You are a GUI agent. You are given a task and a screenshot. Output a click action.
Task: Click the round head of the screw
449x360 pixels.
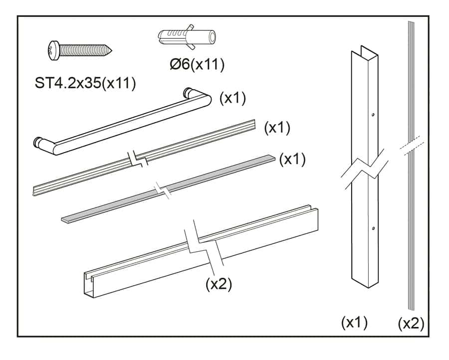pyautogui.click(x=53, y=51)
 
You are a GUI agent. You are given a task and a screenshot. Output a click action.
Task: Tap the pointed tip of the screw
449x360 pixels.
pyautogui.click(x=111, y=51)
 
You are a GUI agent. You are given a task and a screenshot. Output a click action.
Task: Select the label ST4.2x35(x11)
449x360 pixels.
pyautogui.click(x=85, y=83)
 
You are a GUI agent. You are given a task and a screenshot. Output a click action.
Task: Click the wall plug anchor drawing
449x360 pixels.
pyautogui.click(x=187, y=37)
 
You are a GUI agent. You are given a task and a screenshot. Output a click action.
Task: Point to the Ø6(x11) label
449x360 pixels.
pyautogui.click(x=197, y=64)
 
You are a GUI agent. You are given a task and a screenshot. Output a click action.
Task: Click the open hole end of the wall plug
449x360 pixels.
pyautogui.click(x=212, y=36)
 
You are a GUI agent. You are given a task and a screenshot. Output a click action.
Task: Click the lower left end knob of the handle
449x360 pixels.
pyautogui.click(x=38, y=142)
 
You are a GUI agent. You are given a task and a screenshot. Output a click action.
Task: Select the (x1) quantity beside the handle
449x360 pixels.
pyautogui.click(x=232, y=98)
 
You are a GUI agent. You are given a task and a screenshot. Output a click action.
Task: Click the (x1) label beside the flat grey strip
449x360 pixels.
pyautogui.click(x=292, y=159)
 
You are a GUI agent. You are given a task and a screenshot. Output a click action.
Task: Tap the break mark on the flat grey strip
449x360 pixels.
pyautogui.click(x=162, y=190)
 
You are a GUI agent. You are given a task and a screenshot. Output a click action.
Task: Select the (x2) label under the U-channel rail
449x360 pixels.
pyautogui.click(x=219, y=284)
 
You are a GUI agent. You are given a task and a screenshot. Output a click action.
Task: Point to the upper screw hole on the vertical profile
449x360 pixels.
pyautogui.click(x=373, y=115)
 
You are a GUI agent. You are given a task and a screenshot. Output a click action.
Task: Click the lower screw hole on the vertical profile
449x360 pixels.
pyautogui.click(x=373, y=228)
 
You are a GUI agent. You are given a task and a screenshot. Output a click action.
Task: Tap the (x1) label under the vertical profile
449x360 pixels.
pyautogui.click(x=354, y=323)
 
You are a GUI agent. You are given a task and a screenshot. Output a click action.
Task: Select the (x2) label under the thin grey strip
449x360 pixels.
pyautogui.click(x=411, y=324)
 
